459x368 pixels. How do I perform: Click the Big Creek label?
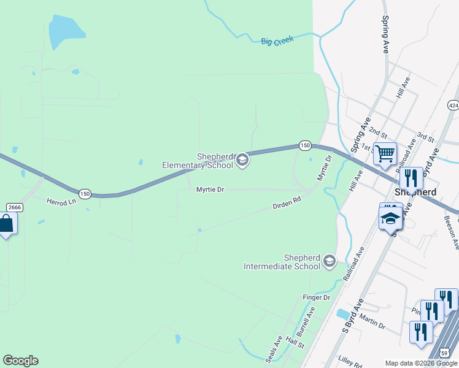pos(277,40)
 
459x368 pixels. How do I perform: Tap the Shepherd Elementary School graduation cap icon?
pos(242,161)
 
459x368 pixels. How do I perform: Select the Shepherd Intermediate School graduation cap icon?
pos(330,262)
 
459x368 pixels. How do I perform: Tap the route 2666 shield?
pos(15,207)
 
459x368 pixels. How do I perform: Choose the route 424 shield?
pos(453,105)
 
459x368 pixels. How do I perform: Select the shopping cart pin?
pos(385,153)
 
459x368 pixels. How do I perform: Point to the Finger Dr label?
pos(317,297)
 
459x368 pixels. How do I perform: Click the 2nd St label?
pos(379,134)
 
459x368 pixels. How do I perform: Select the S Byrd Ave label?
pos(352,316)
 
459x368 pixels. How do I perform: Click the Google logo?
pos(20,361)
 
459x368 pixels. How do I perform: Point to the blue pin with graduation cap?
pos(390,217)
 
